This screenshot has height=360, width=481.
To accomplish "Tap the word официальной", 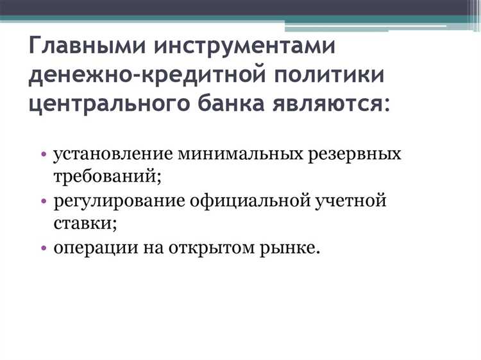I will coord(249,201).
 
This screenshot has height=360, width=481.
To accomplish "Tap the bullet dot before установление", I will coord(43,155).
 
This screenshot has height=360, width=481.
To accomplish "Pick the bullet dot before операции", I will coord(43,248).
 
